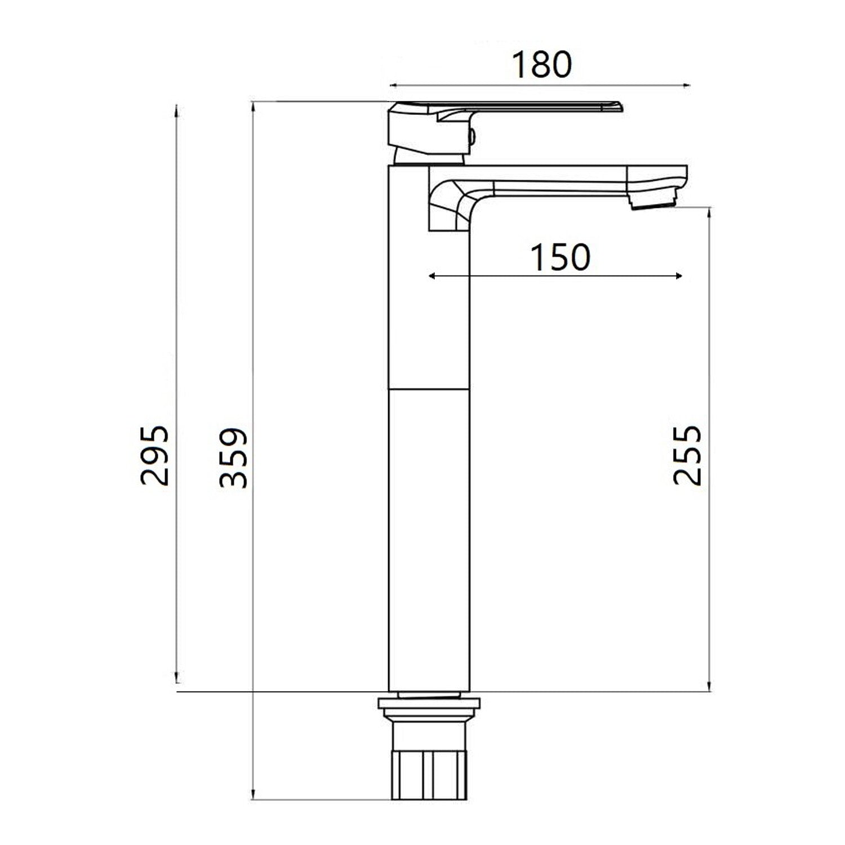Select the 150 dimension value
click(560, 257)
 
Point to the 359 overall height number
click(233, 457)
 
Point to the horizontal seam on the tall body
click(429, 389)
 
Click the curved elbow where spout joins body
click(451, 206)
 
